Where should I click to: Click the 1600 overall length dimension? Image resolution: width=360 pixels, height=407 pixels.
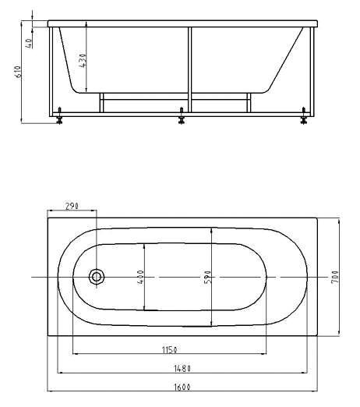pos(182,387)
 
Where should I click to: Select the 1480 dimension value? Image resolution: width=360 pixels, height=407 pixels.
pos(182,369)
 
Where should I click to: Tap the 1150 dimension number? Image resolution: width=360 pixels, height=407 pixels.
pos(170,350)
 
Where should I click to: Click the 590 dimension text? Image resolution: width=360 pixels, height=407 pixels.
pos(207,277)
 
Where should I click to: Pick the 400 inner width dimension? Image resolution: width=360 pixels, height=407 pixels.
pos(140,277)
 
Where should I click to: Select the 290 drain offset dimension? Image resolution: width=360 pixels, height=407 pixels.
pos(72,206)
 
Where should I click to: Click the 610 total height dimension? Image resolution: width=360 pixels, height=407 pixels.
pos(19,72)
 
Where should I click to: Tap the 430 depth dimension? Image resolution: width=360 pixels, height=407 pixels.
pos(83,61)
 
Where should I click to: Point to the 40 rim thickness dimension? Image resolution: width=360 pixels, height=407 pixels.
pos(29,43)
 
